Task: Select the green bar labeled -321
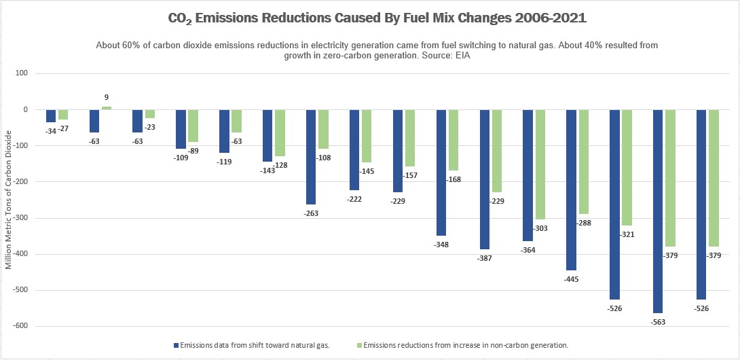tap(627, 167)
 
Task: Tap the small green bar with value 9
tap(107, 108)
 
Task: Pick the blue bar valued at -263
tap(311, 157)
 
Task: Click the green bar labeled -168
tap(453, 140)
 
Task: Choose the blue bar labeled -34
tap(51, 116)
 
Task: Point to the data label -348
tap(441, 244)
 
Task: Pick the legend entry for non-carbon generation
tap(465, 346)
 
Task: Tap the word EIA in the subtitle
tap(462, 56)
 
